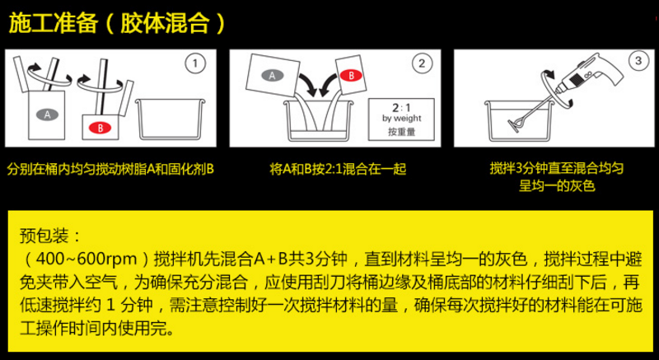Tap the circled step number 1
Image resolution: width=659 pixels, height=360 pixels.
pyautogui.click(x=194, y=63)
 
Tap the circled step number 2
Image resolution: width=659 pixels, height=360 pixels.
pyautogui.click(x=421, y=63)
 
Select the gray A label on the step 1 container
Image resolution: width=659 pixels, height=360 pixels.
pyautogui.click(x=48, y=114)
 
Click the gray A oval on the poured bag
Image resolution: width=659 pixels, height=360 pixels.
pyautogui.click(x=270, y=75)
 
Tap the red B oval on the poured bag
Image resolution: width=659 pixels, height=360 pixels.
pyautogui.click(x=350, y=75)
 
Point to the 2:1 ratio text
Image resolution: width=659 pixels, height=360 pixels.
pyautogui.click(x=401, y=107)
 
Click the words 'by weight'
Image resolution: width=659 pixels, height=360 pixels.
pyautogui.click(x=401, y=118)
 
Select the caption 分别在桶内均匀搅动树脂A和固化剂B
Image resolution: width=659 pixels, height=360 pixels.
pyautogui.click(x=110, y=169)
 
